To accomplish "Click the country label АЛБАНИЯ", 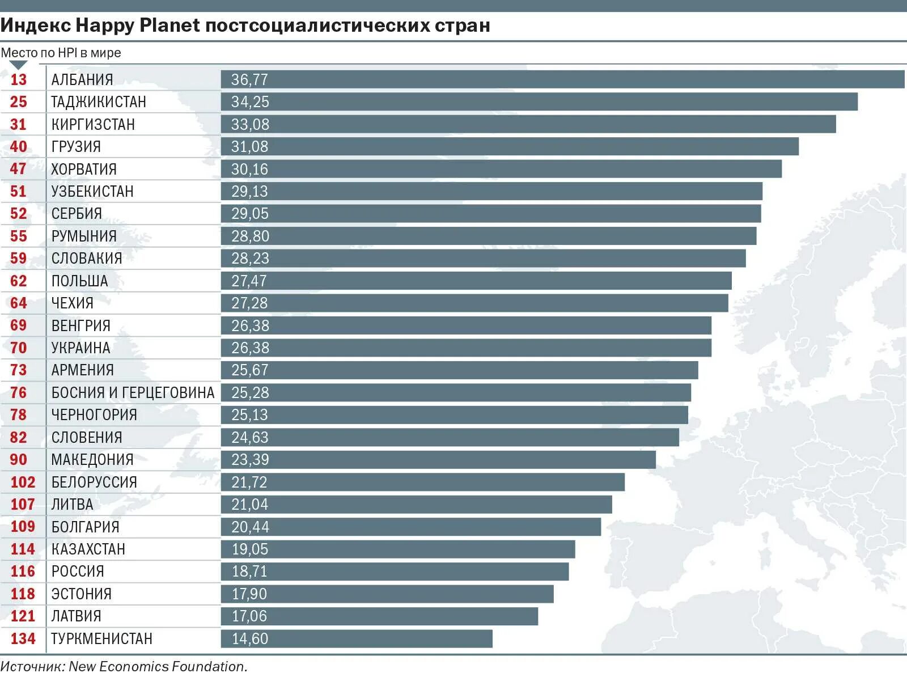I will tap(82, 79).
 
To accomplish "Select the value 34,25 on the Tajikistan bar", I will tap(250, 102).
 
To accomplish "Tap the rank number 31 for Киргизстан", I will tap(18, 124).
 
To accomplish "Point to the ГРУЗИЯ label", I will tap(76, 147).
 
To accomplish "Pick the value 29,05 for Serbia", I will tap(250, 214).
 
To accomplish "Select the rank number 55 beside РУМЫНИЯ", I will tap(18, 236).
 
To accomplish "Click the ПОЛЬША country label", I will tap(79, 281).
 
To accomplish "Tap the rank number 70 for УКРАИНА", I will tap(18, 348).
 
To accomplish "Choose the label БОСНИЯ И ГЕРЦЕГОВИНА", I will tap(133, 392).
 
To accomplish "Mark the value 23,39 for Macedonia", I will tap(250, 459).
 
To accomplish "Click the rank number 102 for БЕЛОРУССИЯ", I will tap(23, 482).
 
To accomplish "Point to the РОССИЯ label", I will tap(78, 572).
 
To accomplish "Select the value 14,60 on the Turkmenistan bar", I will tap(250, 638).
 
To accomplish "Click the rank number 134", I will tap(23, 638).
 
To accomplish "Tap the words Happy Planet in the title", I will tap(138, 26).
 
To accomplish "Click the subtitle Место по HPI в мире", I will tap(61, 53).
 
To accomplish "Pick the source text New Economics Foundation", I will tap(158, 666).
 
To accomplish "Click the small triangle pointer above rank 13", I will tap(18, 65).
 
